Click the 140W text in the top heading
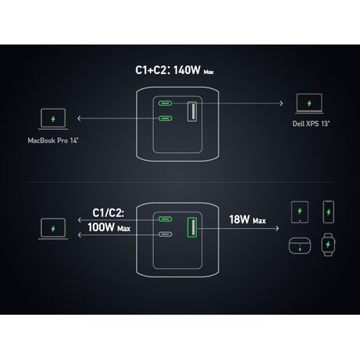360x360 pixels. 187,70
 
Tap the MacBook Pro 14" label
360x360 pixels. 53,141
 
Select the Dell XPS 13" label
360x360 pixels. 311,123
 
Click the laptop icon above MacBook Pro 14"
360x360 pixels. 53,119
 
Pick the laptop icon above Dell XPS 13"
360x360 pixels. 309,104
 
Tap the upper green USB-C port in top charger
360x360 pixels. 165,103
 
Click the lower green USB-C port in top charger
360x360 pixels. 165,119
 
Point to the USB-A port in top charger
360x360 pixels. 192,112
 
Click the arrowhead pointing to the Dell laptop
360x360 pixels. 281,103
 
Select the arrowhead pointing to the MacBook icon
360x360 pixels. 79,119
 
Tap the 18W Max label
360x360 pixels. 248,219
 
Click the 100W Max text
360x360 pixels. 109,227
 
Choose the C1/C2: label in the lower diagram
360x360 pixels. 109,213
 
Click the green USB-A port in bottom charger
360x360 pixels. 192,227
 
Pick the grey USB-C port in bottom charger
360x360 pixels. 165,234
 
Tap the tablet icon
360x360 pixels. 300,212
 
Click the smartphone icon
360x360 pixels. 328,212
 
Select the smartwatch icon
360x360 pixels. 328,244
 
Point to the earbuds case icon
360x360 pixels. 300,246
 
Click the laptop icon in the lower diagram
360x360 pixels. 53,229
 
